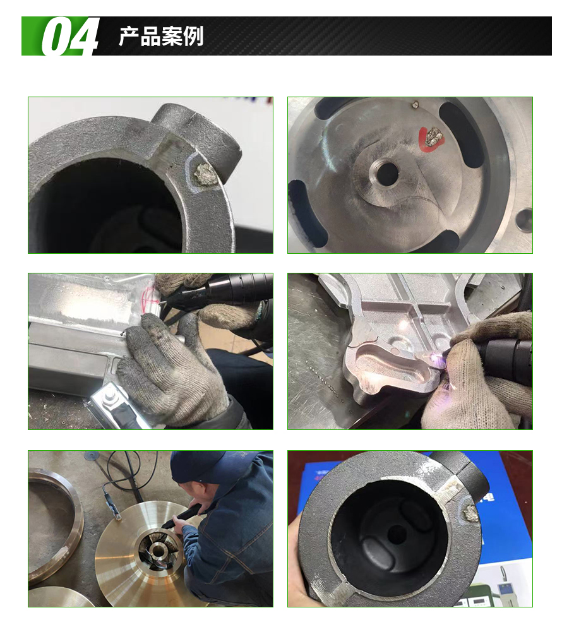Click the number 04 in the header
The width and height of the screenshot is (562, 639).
(70, 37)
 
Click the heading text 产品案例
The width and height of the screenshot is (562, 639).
(161, 37)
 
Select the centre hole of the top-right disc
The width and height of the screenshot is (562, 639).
(388, 174)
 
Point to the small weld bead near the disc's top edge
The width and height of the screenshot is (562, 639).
(416, 104)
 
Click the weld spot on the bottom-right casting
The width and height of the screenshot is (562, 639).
(470, 513)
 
